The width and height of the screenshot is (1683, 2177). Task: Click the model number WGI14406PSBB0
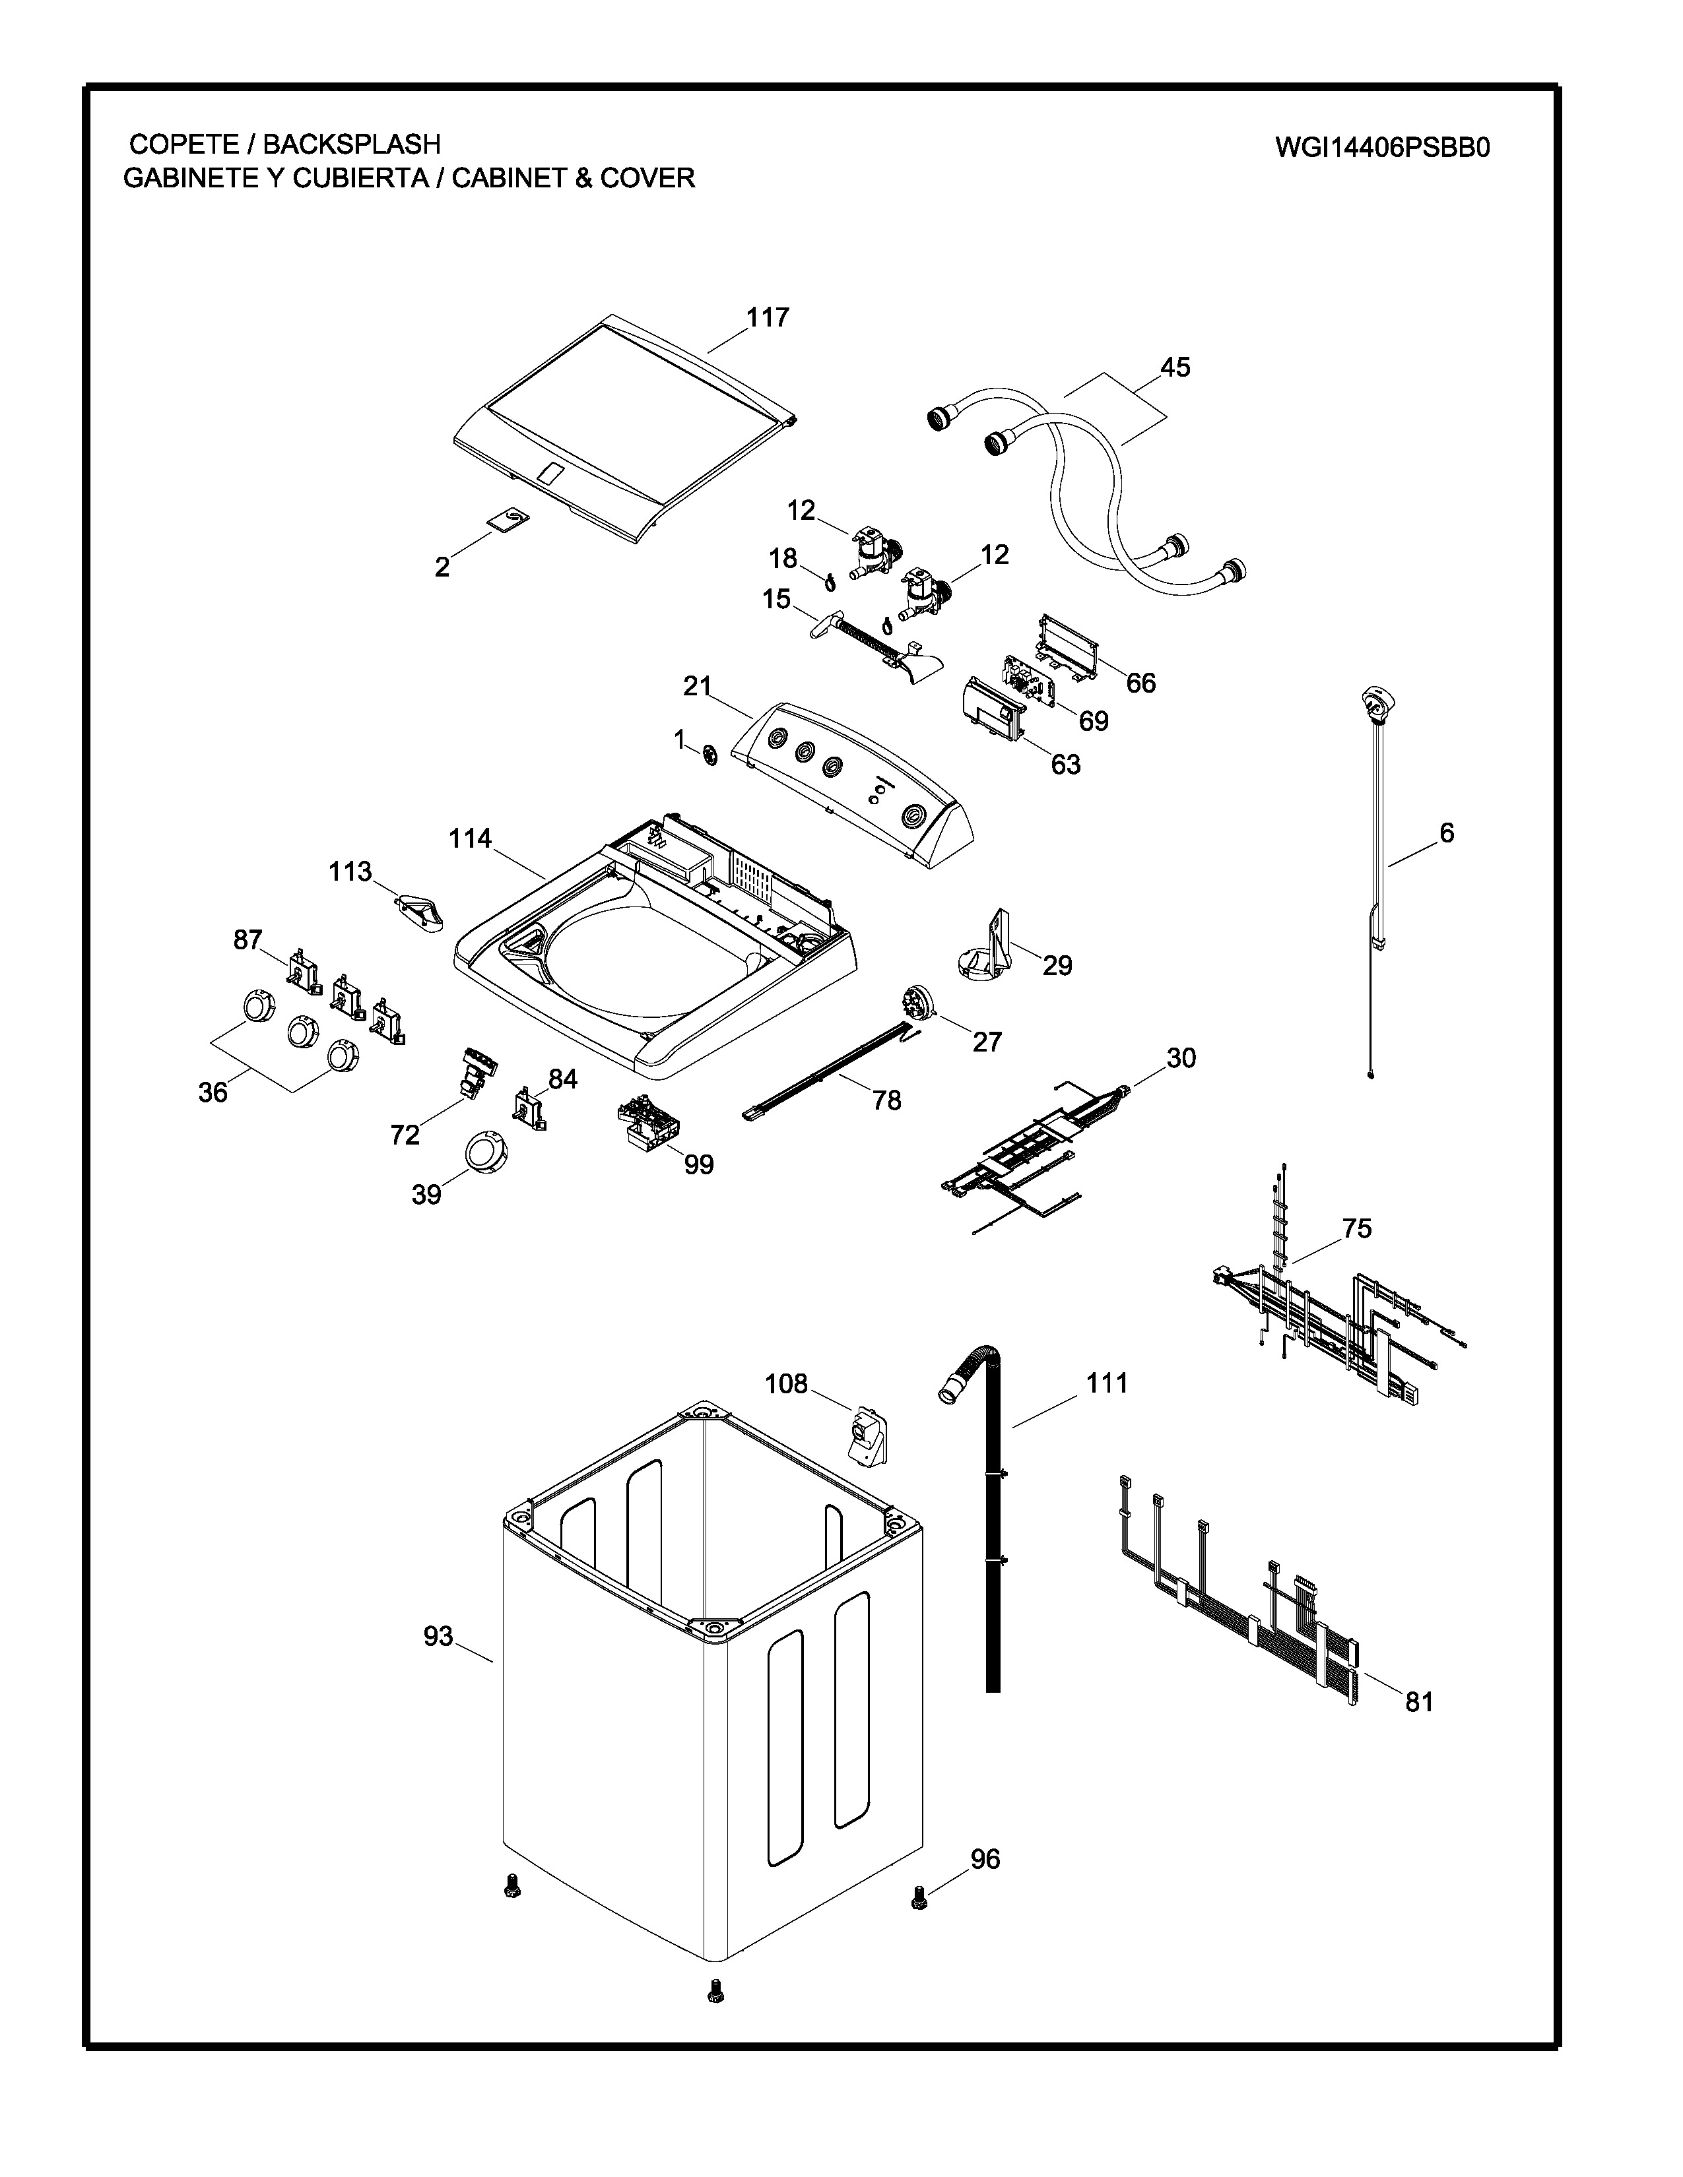click(x=1382, y=148)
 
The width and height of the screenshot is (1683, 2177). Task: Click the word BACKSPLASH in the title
click(x=351, y=144)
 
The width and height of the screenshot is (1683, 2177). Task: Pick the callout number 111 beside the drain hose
click(x=1107, y=1383)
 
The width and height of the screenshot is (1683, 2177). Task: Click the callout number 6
click(x=1447, y=833)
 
